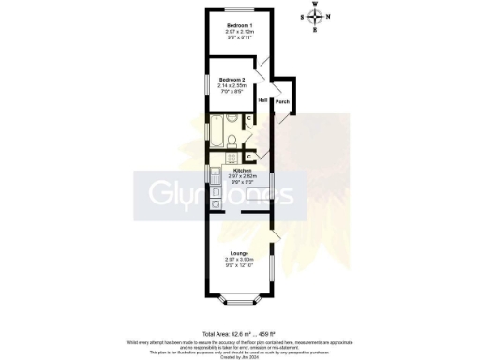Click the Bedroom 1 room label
coord(238,25)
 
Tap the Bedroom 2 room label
coord(232,80)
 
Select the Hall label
coord(262,100)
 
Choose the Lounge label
coord(238,254)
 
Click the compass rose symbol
coord(316,16)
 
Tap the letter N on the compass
coord(329,16)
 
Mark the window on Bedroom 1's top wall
coord(238,10)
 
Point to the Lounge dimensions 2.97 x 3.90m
coord(238,261)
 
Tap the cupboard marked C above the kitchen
coord(248,156)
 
